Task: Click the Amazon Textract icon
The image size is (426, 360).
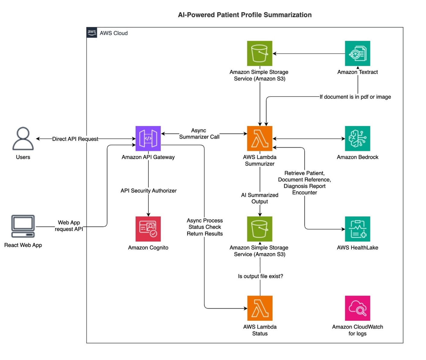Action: (x=357, y=53)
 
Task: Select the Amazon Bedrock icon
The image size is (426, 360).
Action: (x=357, y=139)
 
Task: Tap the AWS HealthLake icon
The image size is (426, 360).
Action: (x=357, y=229)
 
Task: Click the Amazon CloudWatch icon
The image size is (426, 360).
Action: (x=357, y=308)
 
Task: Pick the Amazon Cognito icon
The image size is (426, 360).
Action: (x=148, y=229)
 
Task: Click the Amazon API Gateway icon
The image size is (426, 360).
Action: (x=148, y=139)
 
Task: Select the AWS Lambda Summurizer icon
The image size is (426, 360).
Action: (x=259, y=139)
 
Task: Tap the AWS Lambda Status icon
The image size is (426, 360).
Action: (x=259, y=308)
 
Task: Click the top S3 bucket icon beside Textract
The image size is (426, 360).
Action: (x=259, y=53)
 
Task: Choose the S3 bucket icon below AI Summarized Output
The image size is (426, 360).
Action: (x=259, y=229)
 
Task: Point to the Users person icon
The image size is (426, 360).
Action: (x=23, y=139)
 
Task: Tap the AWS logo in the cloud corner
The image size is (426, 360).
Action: (x=92, y=33)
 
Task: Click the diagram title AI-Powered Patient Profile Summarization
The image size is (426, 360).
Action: (x=245, y=15)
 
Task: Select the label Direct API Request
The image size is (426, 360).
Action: (x=75, y=139)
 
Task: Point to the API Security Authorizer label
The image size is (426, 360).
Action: (x=148, y=191)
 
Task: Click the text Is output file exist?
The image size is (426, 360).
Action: (x=260, y=276)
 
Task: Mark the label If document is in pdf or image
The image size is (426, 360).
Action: (x=355, y=97)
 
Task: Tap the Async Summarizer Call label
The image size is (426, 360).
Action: (x=199, y=133)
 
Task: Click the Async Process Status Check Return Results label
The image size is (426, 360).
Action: (x=205, y=227)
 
